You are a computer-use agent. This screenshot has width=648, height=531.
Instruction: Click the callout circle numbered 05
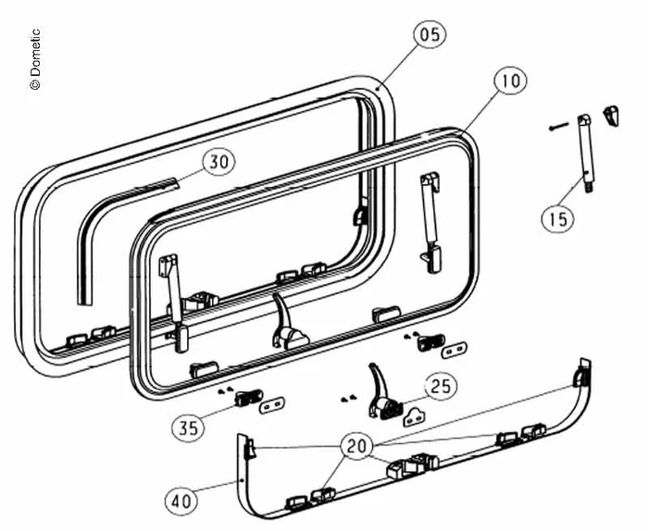[x=430, y=34]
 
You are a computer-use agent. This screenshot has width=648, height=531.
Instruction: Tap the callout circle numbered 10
[x=511, y=80]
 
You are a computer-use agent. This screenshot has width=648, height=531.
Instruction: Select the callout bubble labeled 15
[x=558, y=218]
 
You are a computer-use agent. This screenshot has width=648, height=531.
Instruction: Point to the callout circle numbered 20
[x=356, y=446]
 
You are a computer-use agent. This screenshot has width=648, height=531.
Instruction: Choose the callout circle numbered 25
[x=442, y=386]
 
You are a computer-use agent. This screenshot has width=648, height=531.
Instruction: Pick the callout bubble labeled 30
[x=218, y=162]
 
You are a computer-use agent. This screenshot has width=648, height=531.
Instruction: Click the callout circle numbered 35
[x=188, y=427]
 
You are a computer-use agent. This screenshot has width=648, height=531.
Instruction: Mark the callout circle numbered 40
[x=181, y=501]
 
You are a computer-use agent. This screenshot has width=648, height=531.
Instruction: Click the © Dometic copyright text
[x=35, y=58]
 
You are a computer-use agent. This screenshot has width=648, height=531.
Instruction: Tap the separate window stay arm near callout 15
[x=587, y=154]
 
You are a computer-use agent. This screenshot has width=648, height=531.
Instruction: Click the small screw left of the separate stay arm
[x=559, y=126]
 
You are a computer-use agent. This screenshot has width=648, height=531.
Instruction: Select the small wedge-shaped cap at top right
[x=611, y=116]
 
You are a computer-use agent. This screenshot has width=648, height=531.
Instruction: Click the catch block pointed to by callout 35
[x=248, y=398]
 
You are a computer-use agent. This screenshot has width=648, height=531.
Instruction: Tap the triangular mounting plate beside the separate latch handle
[x=415, y=417]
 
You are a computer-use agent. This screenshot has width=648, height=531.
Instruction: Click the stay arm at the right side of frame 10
[x=430, y=223]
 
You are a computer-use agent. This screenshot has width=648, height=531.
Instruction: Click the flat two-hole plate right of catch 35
[x=272, y=405]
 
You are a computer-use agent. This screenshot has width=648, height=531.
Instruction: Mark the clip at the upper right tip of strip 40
[x=581, y=373]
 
